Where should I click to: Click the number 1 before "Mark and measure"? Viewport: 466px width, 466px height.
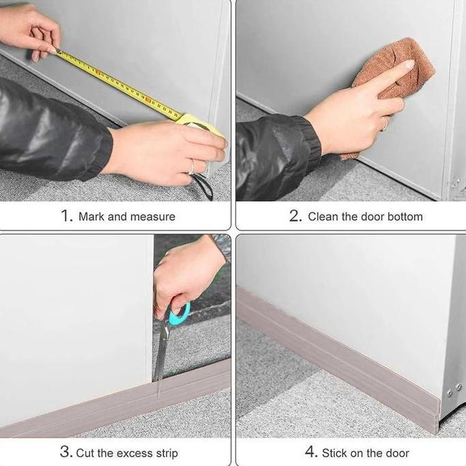click(x=66, y=215)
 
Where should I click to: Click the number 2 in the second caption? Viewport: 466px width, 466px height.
click(x=295, y=215)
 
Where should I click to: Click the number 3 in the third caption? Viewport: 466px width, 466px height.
click(x=66, y=452)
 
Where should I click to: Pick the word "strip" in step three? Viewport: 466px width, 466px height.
click(x=166, y=454)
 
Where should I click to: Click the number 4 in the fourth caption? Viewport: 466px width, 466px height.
click(x=312, y=452)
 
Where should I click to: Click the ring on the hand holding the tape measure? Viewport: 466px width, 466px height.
click(x=192, y=167)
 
